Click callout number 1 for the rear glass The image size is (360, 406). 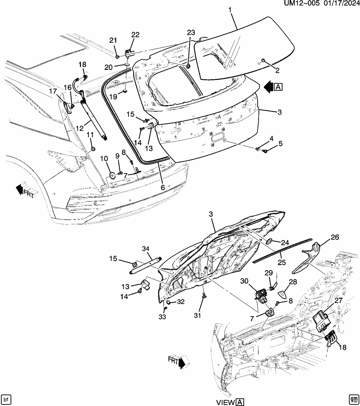[230, 10]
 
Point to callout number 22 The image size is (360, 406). [135, 35]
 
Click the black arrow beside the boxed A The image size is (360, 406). [268, 87]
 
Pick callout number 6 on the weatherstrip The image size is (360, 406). [163, 188]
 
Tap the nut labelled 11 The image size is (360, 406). [93, 149]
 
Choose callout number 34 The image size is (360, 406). [146, 249]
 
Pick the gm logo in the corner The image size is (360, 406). [353, 399]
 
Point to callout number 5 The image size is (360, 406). [280, 144]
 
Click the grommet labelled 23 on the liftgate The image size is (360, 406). [188, 66]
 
